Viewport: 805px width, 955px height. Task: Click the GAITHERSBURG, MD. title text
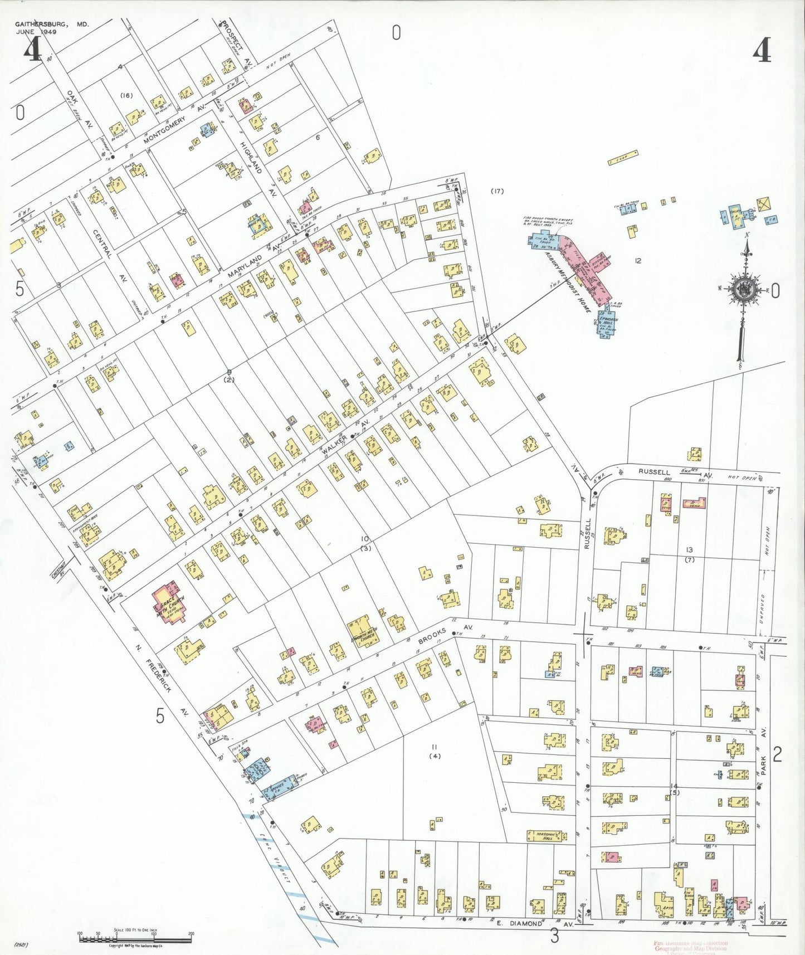click(x=52, y=25)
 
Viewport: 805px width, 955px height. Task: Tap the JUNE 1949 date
click(x=41, y=32)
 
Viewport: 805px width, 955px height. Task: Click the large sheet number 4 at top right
click(x=762, y=52)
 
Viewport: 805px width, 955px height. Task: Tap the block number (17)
click(x=497, y=191)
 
